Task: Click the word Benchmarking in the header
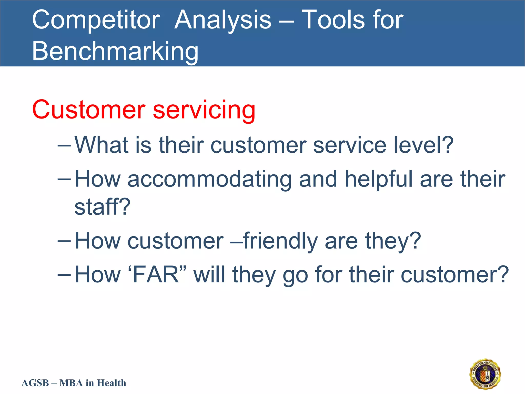[x=115, y=52]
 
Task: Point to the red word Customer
[x=89, y=110]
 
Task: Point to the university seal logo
[x=485, y=374]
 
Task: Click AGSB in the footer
[x=35, y=383]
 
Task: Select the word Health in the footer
[x=112, y=383]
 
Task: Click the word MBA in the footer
[x=71, y=383]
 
